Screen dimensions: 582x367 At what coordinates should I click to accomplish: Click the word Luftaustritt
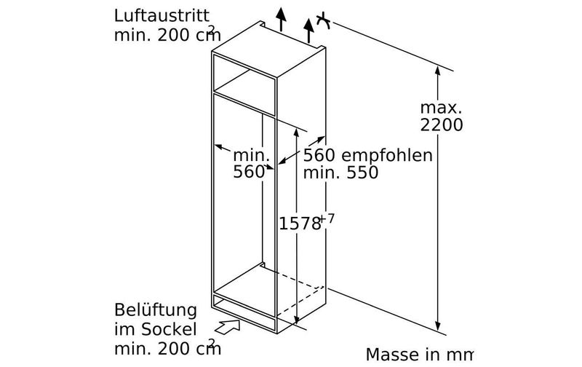[162, 16]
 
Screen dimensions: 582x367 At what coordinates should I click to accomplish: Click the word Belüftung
[156, 311]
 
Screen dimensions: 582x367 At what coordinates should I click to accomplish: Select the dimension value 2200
[442, 125]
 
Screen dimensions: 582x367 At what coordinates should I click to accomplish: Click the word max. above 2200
[441, 108]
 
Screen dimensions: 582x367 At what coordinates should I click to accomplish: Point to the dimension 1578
[300, 224]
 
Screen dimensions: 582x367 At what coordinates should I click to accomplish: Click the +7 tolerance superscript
[327, 218]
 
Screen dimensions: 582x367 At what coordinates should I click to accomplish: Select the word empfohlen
[387, 155]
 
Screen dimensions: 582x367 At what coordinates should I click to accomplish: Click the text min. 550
[340, 173]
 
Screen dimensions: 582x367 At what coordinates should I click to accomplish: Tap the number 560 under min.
[249, 172]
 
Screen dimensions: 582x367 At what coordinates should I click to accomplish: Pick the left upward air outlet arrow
[281, 19]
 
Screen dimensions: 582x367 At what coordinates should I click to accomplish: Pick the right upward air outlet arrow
[308, 31]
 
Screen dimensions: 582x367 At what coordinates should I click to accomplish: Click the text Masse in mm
[420, 355]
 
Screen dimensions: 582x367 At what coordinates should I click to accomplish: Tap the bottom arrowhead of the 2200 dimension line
[438, 327]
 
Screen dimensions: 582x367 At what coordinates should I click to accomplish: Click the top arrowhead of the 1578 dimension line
[296, 132]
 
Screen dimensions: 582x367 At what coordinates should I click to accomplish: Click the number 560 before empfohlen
[319, 155]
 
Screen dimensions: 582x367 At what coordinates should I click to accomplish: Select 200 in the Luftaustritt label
[173, 35]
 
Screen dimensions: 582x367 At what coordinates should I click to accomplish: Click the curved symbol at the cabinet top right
[324, 21]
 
